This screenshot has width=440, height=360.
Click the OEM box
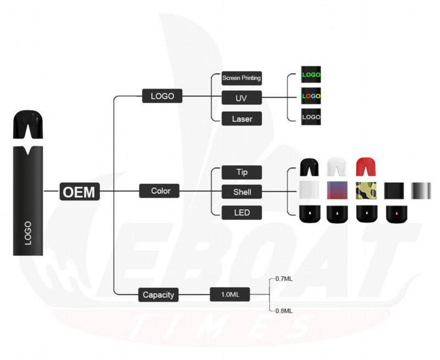[x=79, y=192]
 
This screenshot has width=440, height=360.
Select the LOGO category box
[x=162, y=96]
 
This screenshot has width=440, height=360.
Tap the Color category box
[x=161, y=191]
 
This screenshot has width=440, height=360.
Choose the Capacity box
[x=158, y=294]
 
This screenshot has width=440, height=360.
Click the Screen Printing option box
[x=241, y=78]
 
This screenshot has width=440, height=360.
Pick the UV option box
[x=241, y=98]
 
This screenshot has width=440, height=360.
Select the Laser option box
[x=241, y=118]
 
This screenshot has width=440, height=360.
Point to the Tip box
[x=241, y=172]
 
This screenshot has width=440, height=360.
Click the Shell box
[x=241, y=192]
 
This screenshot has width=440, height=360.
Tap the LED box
[x=241, y=212]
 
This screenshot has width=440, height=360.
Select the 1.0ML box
[x=230, y=294]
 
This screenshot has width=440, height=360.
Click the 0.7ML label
[x=284, y=279]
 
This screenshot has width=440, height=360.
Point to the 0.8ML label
[x=284, y=310]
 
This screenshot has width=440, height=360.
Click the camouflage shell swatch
[x=366, y=190]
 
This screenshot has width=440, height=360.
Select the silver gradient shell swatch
[x=421, y=190]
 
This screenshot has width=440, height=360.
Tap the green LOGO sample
[x=311, y=74]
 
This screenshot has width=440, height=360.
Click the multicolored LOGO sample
[x=311, y=96]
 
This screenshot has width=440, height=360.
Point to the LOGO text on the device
[x=28, y=233]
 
